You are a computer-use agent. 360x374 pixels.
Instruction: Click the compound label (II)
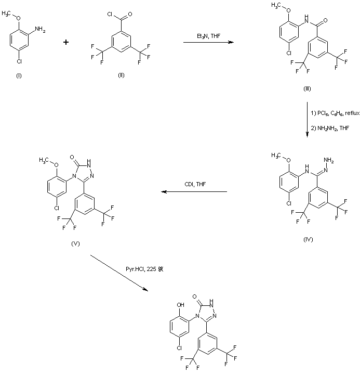tap(121, 75)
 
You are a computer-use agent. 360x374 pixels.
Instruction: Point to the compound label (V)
tap(75, 243)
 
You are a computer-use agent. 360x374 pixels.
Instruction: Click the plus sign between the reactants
tap(66, 42)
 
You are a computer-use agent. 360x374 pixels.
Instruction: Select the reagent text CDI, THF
tap(193, 184)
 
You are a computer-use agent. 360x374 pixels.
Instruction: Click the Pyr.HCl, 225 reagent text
tap(148, 269)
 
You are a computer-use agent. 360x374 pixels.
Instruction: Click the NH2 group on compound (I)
tap(41, 31)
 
